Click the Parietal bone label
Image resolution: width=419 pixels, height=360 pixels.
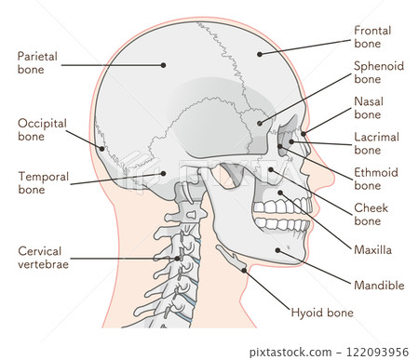tap(37, 62)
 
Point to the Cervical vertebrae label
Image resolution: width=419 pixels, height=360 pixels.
tap(43, 257)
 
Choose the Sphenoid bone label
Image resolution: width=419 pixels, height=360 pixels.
tap(379, 73)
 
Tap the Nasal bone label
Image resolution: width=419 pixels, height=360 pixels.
tap(368, 107)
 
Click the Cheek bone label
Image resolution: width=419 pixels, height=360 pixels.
tap(372, 214)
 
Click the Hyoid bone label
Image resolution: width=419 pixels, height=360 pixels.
tap(322, 313)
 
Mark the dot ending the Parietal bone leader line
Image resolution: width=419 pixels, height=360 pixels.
tap(163, 64)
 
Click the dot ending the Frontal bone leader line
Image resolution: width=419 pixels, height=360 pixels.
tap(260, 54)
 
